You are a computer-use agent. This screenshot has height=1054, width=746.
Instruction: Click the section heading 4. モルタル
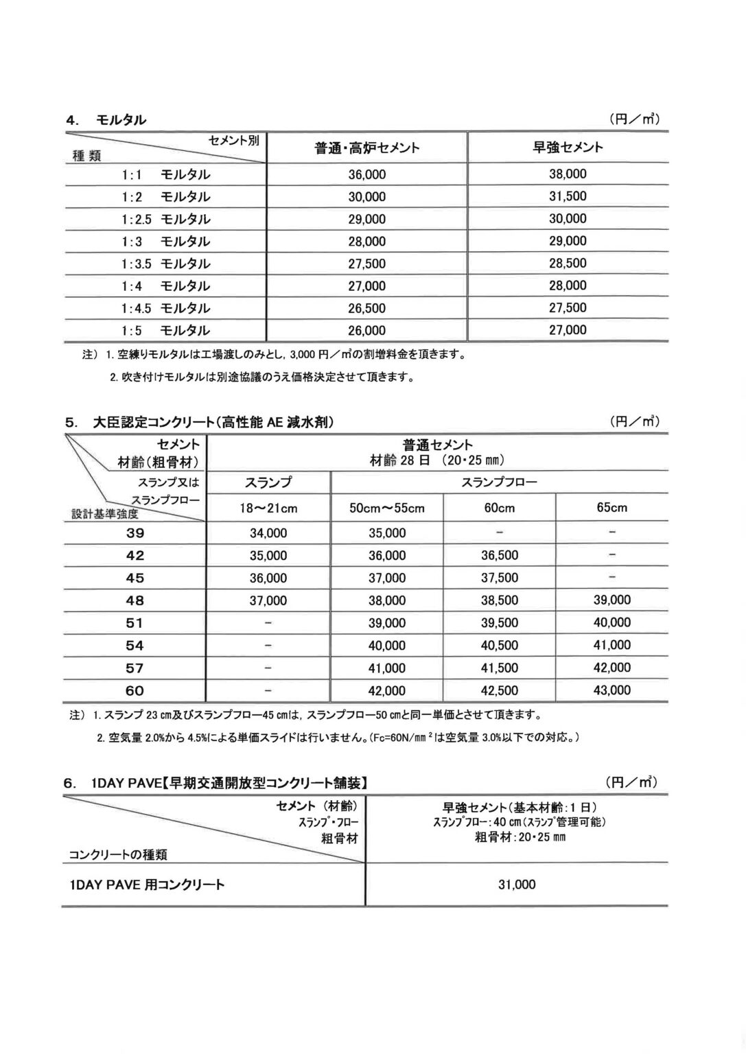point(106,120)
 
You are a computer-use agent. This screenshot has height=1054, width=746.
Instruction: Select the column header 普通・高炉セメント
point(367,148)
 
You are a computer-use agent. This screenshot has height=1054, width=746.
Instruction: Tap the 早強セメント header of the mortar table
point(568,147)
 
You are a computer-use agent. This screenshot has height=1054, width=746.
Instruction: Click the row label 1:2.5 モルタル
point(166,219)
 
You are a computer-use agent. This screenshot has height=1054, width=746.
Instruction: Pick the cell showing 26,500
point(367,308)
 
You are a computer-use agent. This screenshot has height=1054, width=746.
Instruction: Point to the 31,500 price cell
point(568,196)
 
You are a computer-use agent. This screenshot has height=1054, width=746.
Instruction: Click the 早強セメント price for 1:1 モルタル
point(568,174)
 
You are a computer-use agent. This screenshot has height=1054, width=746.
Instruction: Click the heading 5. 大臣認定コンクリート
point(200,423)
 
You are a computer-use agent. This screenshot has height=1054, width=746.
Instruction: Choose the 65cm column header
point(611,508)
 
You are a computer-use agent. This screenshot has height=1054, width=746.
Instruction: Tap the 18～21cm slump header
point(268,508)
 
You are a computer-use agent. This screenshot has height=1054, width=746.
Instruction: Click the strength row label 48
point(135,600)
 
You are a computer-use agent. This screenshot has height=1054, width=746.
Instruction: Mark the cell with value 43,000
point(611,690)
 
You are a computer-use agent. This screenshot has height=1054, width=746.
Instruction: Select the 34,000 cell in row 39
point(268,533)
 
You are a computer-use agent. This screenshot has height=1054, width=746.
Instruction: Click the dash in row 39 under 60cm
point(500,533)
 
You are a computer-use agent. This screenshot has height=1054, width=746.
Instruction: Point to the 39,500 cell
point(500,623)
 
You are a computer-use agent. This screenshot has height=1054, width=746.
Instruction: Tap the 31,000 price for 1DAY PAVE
point(517,885)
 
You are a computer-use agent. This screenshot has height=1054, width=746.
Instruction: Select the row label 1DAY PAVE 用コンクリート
point(147,885)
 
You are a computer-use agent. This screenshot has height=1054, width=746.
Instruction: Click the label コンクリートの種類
point(118,854)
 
